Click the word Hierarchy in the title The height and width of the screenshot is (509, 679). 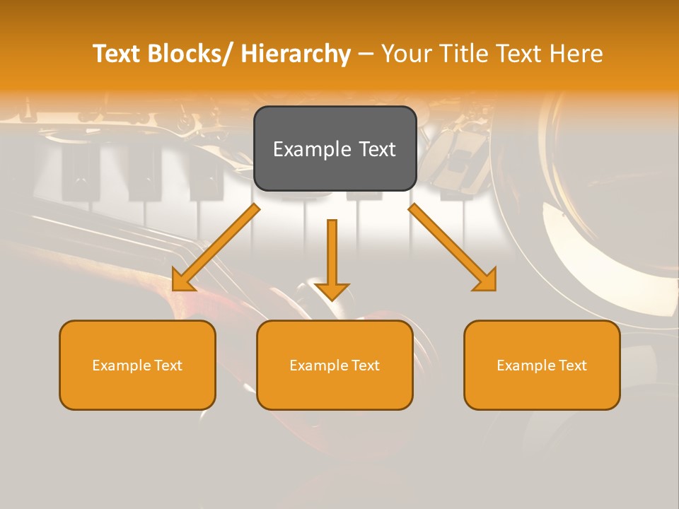point(296,54)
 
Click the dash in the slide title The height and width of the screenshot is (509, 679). point(366,54)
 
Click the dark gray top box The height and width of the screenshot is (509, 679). point(335,148)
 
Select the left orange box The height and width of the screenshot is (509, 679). point(137,365)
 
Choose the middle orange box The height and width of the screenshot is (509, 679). point(335,365)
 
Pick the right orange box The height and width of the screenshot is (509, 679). point(542,365)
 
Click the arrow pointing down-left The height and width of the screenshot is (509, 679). point(216,248)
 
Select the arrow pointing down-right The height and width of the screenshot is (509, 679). point(453,248)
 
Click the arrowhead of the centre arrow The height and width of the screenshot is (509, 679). point(332,291)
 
